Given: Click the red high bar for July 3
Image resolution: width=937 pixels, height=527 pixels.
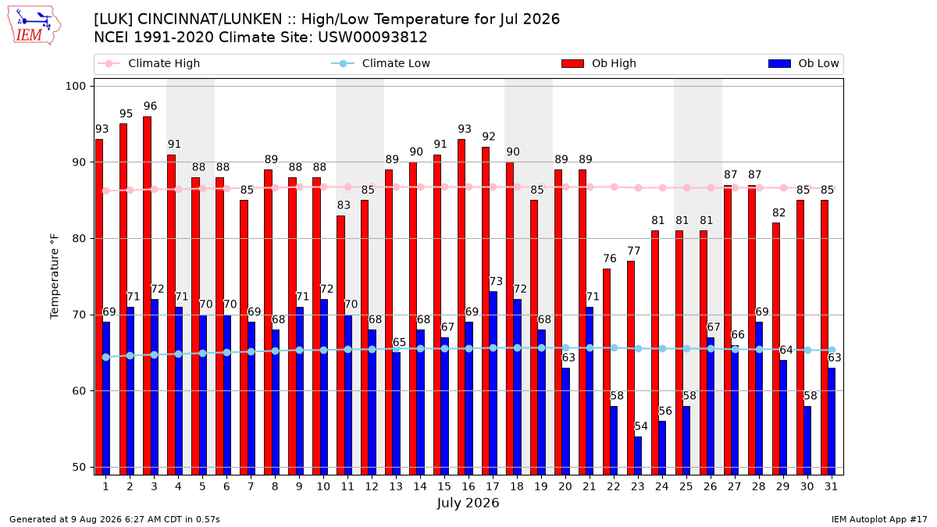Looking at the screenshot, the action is (148, 296).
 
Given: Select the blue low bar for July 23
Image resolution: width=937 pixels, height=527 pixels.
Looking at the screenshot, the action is (638, 456).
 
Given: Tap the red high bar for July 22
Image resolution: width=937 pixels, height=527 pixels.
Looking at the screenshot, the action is (607, 372).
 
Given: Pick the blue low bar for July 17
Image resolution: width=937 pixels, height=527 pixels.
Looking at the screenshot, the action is (493, 383).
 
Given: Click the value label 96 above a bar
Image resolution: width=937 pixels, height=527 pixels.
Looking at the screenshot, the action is (150, 106).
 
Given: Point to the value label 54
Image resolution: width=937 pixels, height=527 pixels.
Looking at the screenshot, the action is (641, 426).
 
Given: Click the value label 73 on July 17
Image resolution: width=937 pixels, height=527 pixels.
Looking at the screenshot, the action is (496, 281).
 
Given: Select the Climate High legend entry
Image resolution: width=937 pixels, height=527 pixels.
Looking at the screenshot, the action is (149, 63).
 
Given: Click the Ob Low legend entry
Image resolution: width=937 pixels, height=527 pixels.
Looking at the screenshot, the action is (803, 63).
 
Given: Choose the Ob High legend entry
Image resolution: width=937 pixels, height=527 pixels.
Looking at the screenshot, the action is (599, 63).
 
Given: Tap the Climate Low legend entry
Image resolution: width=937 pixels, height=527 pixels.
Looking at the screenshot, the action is (381, 63).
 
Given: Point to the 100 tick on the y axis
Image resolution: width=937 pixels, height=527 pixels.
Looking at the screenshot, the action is (75, 86).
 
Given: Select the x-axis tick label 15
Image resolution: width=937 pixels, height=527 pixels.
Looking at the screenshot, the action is (444, 486).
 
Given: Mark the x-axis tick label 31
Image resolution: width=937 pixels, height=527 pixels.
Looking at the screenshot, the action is (831, 486).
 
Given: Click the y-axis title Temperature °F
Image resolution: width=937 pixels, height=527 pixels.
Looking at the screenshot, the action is (55, 277).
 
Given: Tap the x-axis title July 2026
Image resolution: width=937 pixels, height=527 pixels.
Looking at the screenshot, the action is (468, 503).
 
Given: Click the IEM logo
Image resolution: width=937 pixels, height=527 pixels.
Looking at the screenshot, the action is (34, 26).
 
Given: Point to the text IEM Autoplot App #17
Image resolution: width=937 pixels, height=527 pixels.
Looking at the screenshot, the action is (879, 519).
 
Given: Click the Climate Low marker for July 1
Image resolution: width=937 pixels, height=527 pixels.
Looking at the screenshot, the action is (106, 358).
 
